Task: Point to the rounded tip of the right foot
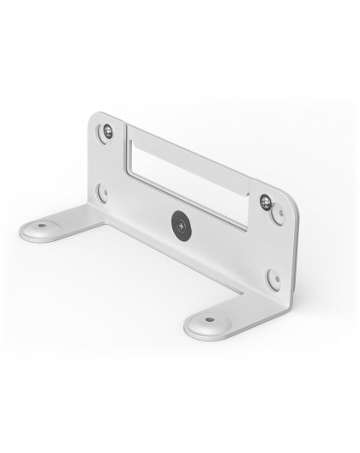click(190, 330)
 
